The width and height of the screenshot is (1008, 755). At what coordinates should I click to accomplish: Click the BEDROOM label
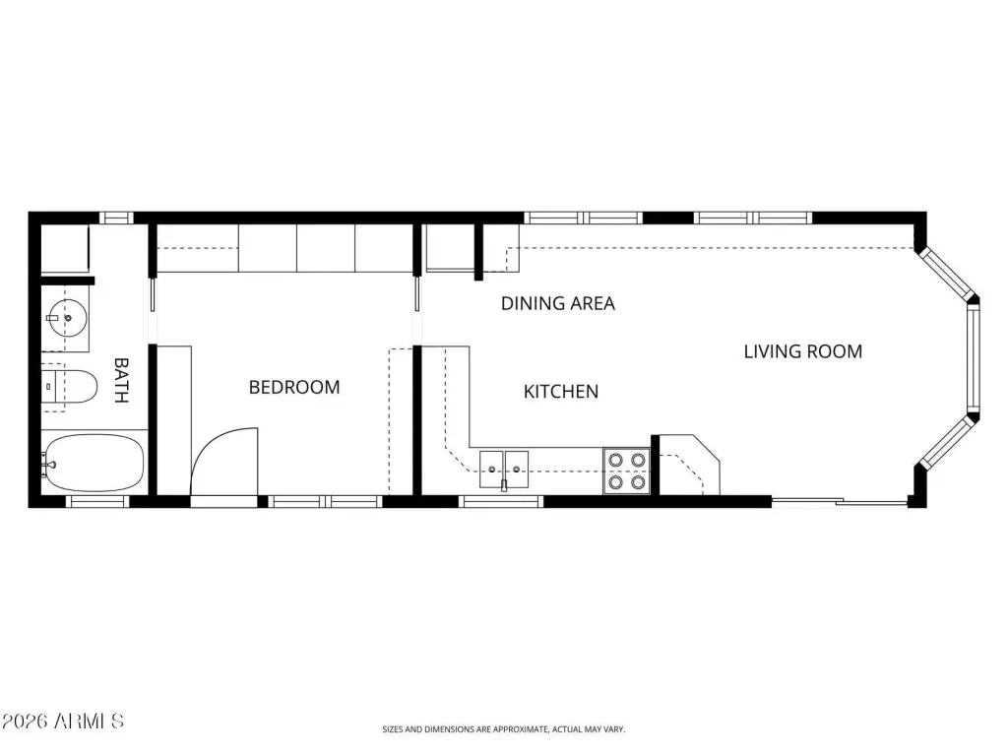coord(293,387)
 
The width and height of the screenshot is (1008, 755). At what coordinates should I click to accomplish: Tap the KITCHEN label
coord(560,392)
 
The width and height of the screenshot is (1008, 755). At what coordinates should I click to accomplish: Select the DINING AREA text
coord(558,303)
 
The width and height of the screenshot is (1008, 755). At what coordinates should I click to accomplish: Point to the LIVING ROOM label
coord(803,351)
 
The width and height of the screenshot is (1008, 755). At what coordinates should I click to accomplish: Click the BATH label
coord(121,380)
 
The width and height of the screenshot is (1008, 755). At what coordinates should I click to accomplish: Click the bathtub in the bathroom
coord(94,463)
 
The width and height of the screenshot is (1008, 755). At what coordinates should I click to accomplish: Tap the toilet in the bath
coord(70,387)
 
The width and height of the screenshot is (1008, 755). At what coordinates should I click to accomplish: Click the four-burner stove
coord(627,471)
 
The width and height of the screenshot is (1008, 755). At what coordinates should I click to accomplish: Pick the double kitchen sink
coord(504,469)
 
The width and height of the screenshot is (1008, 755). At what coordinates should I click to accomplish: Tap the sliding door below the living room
coord(839,501)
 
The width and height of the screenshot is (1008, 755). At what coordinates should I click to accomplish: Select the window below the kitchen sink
coord(501,502)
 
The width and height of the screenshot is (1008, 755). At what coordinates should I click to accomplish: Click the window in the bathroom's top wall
coord(116,218)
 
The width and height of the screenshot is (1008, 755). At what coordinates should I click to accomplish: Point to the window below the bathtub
coord(97,502)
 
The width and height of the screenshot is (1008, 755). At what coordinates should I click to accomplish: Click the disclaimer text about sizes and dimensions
coord(503,729)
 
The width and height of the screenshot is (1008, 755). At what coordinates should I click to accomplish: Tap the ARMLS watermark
coord(62,721)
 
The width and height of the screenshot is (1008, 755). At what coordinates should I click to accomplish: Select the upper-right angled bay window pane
coord(947,274)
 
